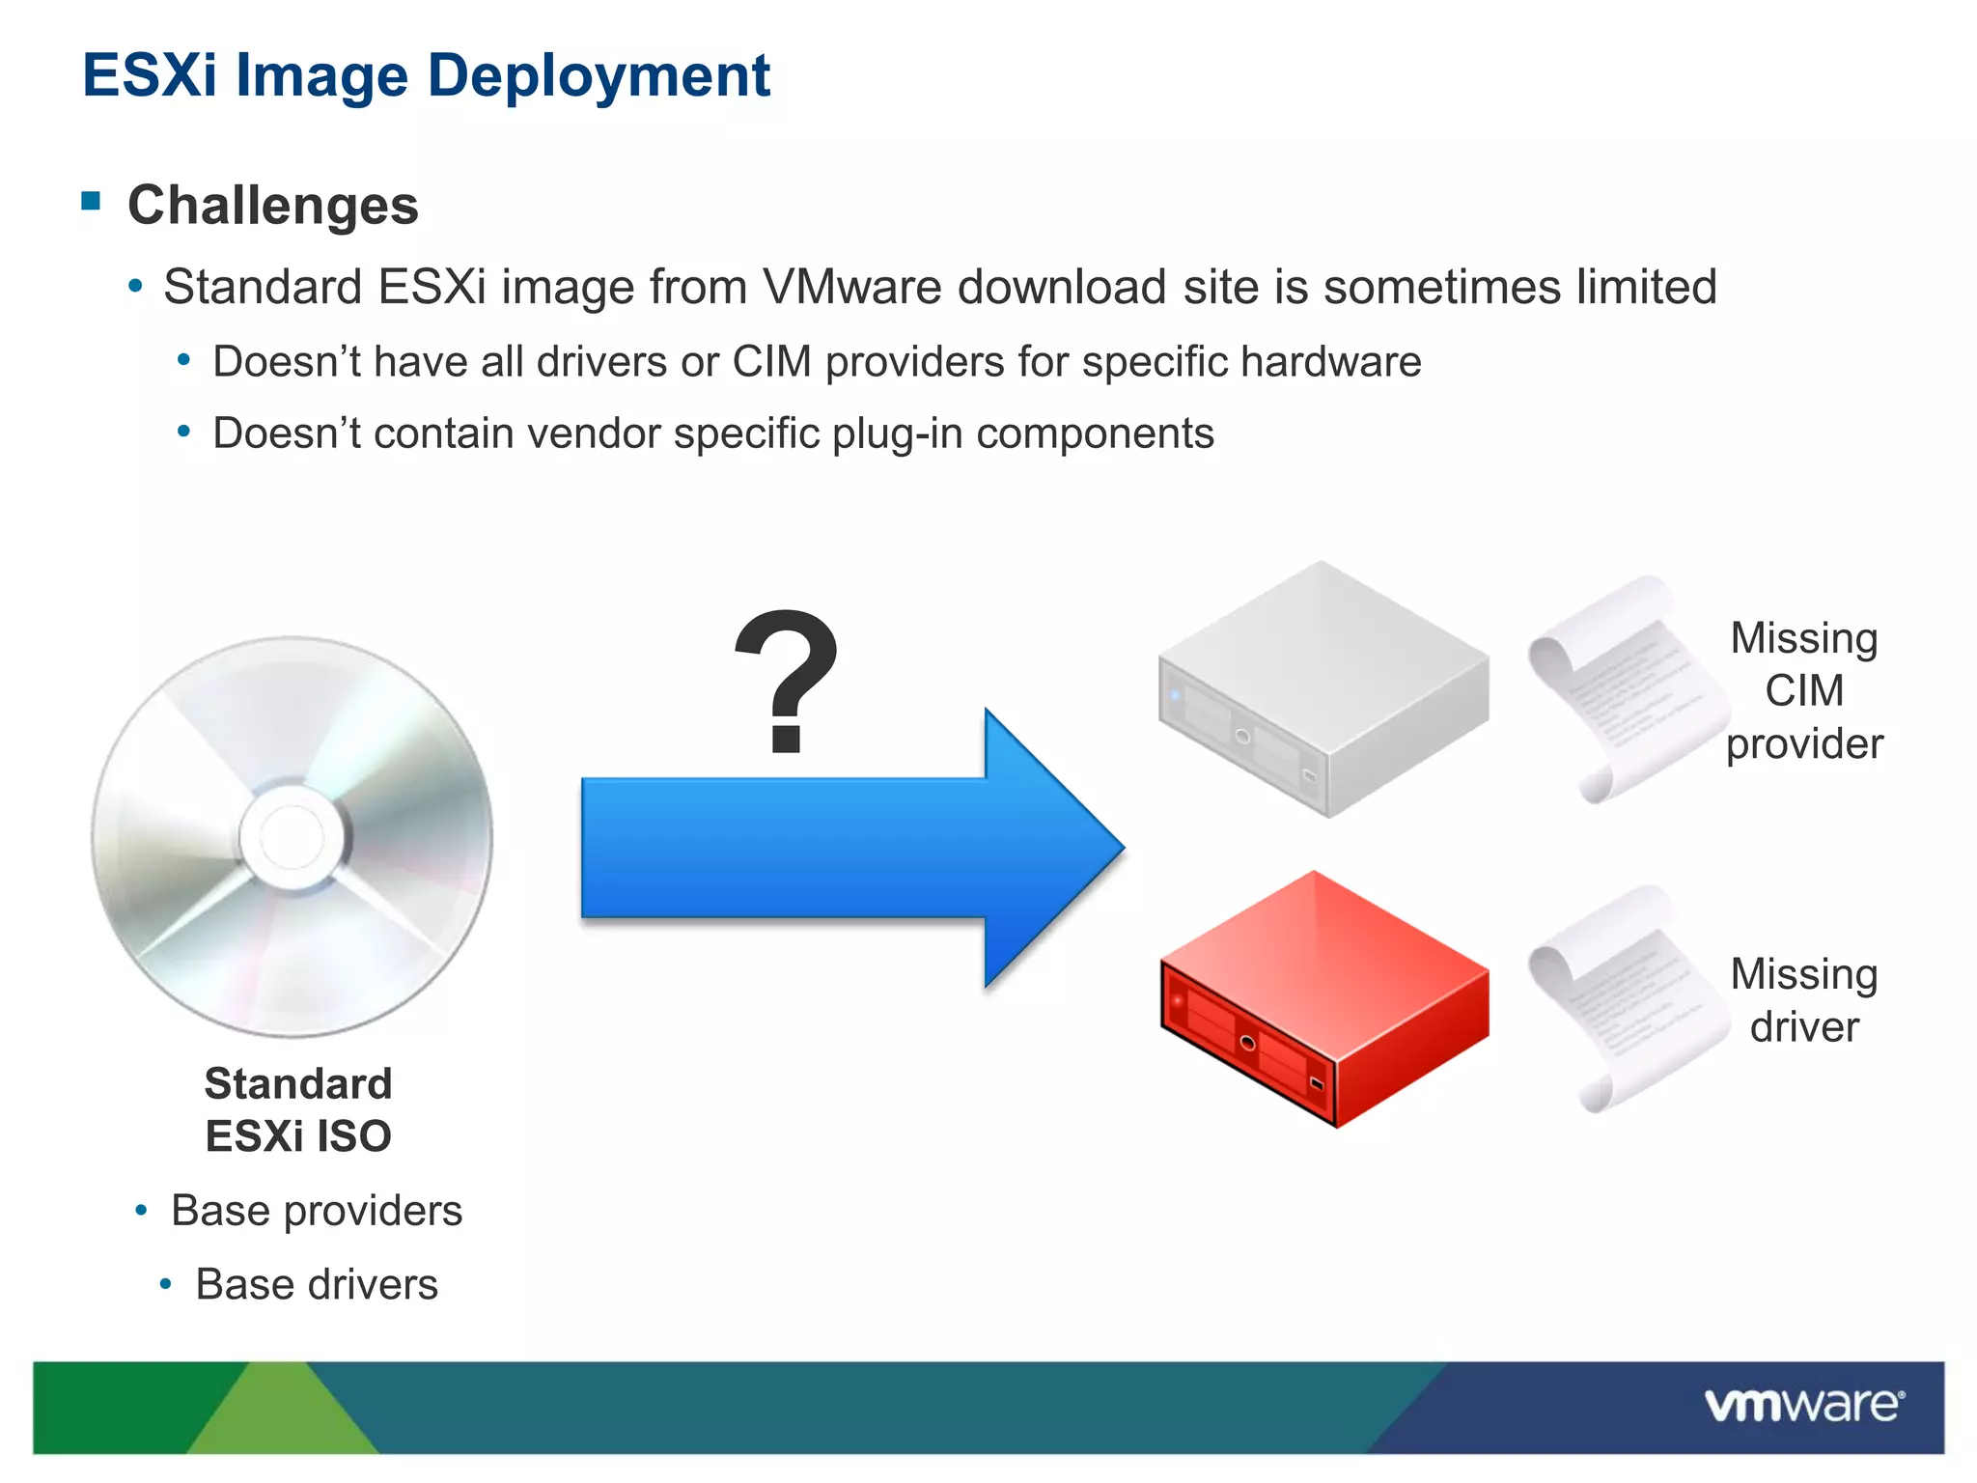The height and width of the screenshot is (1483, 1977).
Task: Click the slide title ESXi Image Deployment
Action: (426, 75)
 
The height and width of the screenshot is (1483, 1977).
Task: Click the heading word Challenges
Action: (273, 206)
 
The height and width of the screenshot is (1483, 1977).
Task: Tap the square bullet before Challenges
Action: (92, 201)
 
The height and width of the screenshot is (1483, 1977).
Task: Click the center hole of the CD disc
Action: (292, 836)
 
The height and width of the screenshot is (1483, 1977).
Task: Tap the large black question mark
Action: (787, 681)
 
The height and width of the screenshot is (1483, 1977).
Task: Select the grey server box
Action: (1323, 690)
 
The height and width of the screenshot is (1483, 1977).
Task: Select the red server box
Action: (1323, 999)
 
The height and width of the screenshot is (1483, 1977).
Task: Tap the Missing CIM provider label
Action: (1803, 690)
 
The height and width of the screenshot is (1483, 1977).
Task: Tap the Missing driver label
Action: (1803, 1000)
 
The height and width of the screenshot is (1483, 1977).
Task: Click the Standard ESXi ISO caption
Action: (298, 1109)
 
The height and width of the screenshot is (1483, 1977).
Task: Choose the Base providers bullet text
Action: (317, 1211)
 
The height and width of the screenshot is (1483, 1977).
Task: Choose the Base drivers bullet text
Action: (317, 1285)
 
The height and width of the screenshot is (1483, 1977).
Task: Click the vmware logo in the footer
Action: (1803, 1405)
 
